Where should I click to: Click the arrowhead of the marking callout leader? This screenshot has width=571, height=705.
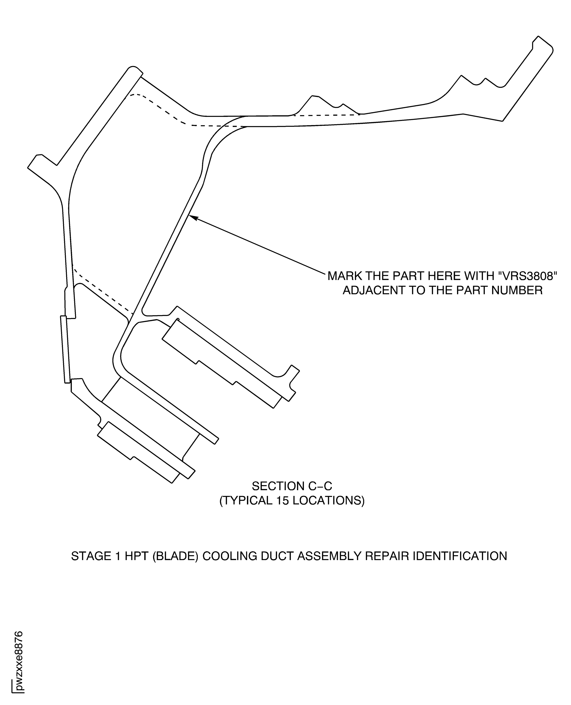click(x=192, y=217)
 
